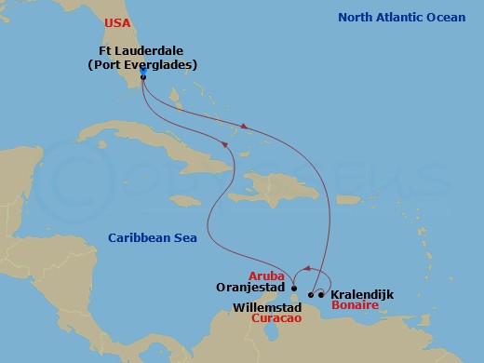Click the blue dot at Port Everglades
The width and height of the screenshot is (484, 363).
click(143, 78)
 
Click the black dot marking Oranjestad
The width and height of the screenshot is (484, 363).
click(293, 289)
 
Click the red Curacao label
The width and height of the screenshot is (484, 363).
click(276, 317)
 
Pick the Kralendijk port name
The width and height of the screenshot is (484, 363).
click(361, 294)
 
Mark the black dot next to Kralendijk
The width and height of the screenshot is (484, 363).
click(321, 295)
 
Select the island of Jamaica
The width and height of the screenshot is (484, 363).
click(186, 200)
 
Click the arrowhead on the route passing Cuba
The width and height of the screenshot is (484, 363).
click(224, 142)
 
